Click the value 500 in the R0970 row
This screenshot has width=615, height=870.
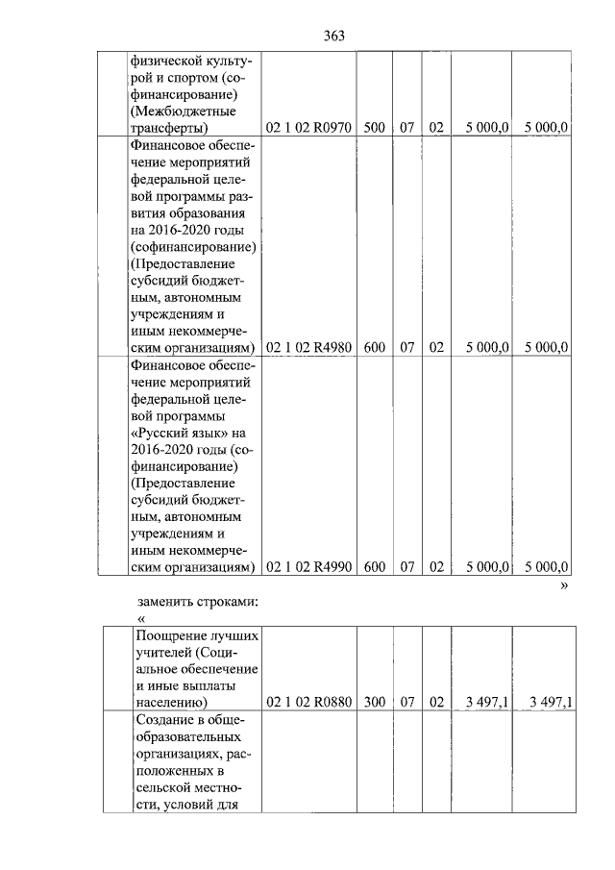point(375,127)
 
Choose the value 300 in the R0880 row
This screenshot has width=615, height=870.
point(375,703)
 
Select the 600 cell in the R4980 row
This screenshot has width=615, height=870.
point(375,348)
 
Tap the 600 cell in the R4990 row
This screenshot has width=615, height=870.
point(375,567)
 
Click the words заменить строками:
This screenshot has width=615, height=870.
point(197,601)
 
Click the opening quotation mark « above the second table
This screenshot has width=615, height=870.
point(141,617)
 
